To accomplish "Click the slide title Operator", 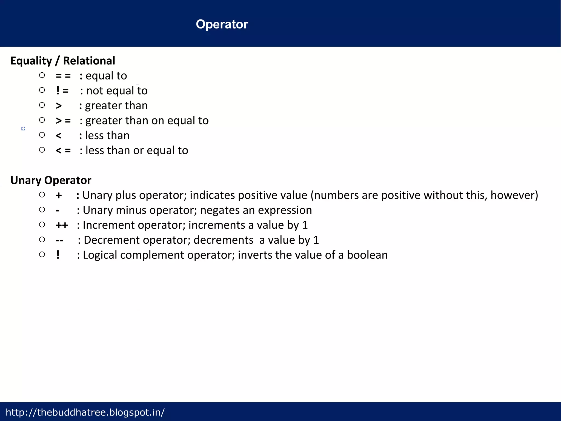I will (x=222, y=24).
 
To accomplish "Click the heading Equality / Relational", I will (x=63, y=61).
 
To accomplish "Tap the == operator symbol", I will (x=63, y=76).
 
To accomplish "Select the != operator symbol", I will (x=62, y=90).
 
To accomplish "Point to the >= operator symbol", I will (x=63, y=121).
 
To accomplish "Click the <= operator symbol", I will (x=63, y=150).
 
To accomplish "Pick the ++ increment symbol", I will (x=62, y=225).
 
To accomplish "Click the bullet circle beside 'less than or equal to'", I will (x=42, y=150).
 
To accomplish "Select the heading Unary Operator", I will (x=51, y=180).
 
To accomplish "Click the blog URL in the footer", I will (x=85, y=412).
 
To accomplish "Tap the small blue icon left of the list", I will (x=23, y=129).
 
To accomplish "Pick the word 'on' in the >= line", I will (x=159, y=121).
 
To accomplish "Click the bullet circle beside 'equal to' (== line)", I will (x=42, y=75).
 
